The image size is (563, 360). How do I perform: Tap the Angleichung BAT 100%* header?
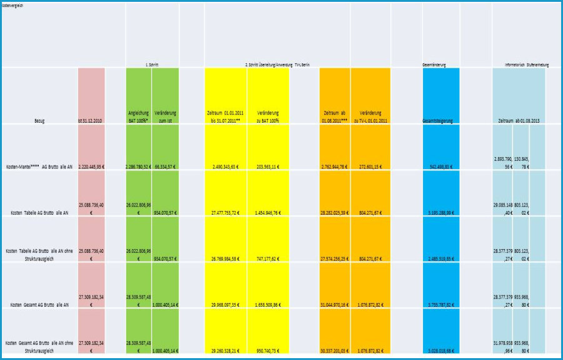138,115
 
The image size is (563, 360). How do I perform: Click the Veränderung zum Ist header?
165,115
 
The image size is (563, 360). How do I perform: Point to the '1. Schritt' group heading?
151,64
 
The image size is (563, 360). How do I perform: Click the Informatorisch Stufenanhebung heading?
527,64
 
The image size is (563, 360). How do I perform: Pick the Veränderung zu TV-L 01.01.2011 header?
370,115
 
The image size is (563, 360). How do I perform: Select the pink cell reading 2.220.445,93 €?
91,167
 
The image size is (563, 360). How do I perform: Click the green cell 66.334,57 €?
166,167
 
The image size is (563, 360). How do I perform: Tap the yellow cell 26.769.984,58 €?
226,258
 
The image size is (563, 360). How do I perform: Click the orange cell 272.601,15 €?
370,167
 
